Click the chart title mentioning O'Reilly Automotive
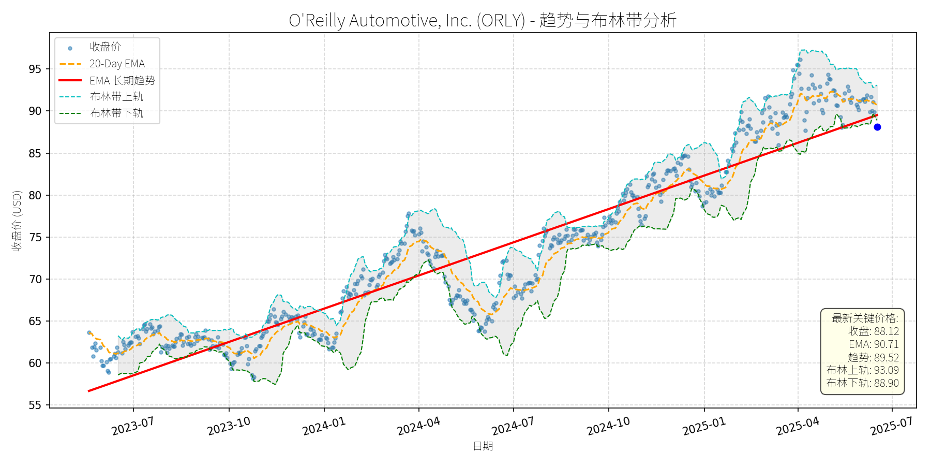point(483,20)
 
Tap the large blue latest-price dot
point(877,127)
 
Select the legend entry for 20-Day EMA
point(117,64)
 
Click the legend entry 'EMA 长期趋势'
point(122,80)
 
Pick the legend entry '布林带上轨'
point(116,97)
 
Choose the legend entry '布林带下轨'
point(116,113)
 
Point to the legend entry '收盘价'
point(105,47)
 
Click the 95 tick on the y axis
point(35,69)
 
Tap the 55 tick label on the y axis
point(35,405)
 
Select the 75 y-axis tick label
point(35,238)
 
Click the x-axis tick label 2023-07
point(133,427)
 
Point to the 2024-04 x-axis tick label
point(418,427)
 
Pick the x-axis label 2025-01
point(704,427)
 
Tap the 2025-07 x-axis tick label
point(892,427)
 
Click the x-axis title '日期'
point(483,446)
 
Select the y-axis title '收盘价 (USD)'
point(17,221)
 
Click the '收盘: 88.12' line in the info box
point(873,331)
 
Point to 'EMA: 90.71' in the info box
point(874,344)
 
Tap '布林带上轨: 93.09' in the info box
point(862,370)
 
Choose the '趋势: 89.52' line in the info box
point(873,357)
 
